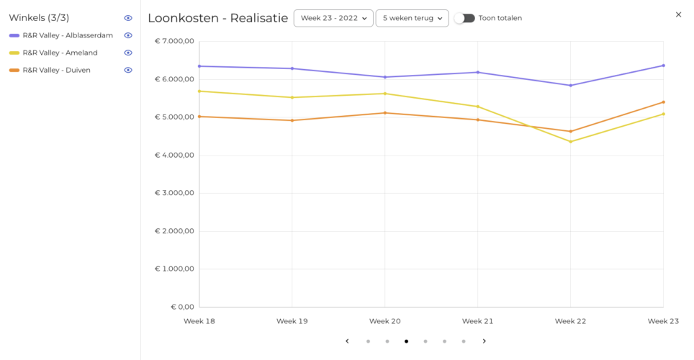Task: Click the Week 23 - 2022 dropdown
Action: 333,18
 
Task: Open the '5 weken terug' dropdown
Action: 412,18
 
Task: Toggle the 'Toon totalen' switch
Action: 465,18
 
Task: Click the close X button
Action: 678,14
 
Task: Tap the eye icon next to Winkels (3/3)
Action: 128,18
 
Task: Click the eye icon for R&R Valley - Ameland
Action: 128,53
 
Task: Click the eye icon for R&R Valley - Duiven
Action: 128,70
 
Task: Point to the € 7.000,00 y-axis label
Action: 174,41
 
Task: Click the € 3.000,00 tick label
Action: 174,193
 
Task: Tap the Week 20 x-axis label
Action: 384,321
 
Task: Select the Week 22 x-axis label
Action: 570,321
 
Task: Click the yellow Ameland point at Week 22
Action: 570,142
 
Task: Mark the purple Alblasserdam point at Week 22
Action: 570,86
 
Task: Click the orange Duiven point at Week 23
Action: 664,102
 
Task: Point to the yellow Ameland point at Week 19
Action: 292,97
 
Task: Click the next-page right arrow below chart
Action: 485,341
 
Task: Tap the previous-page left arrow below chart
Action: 347,341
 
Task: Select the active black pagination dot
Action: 406,341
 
